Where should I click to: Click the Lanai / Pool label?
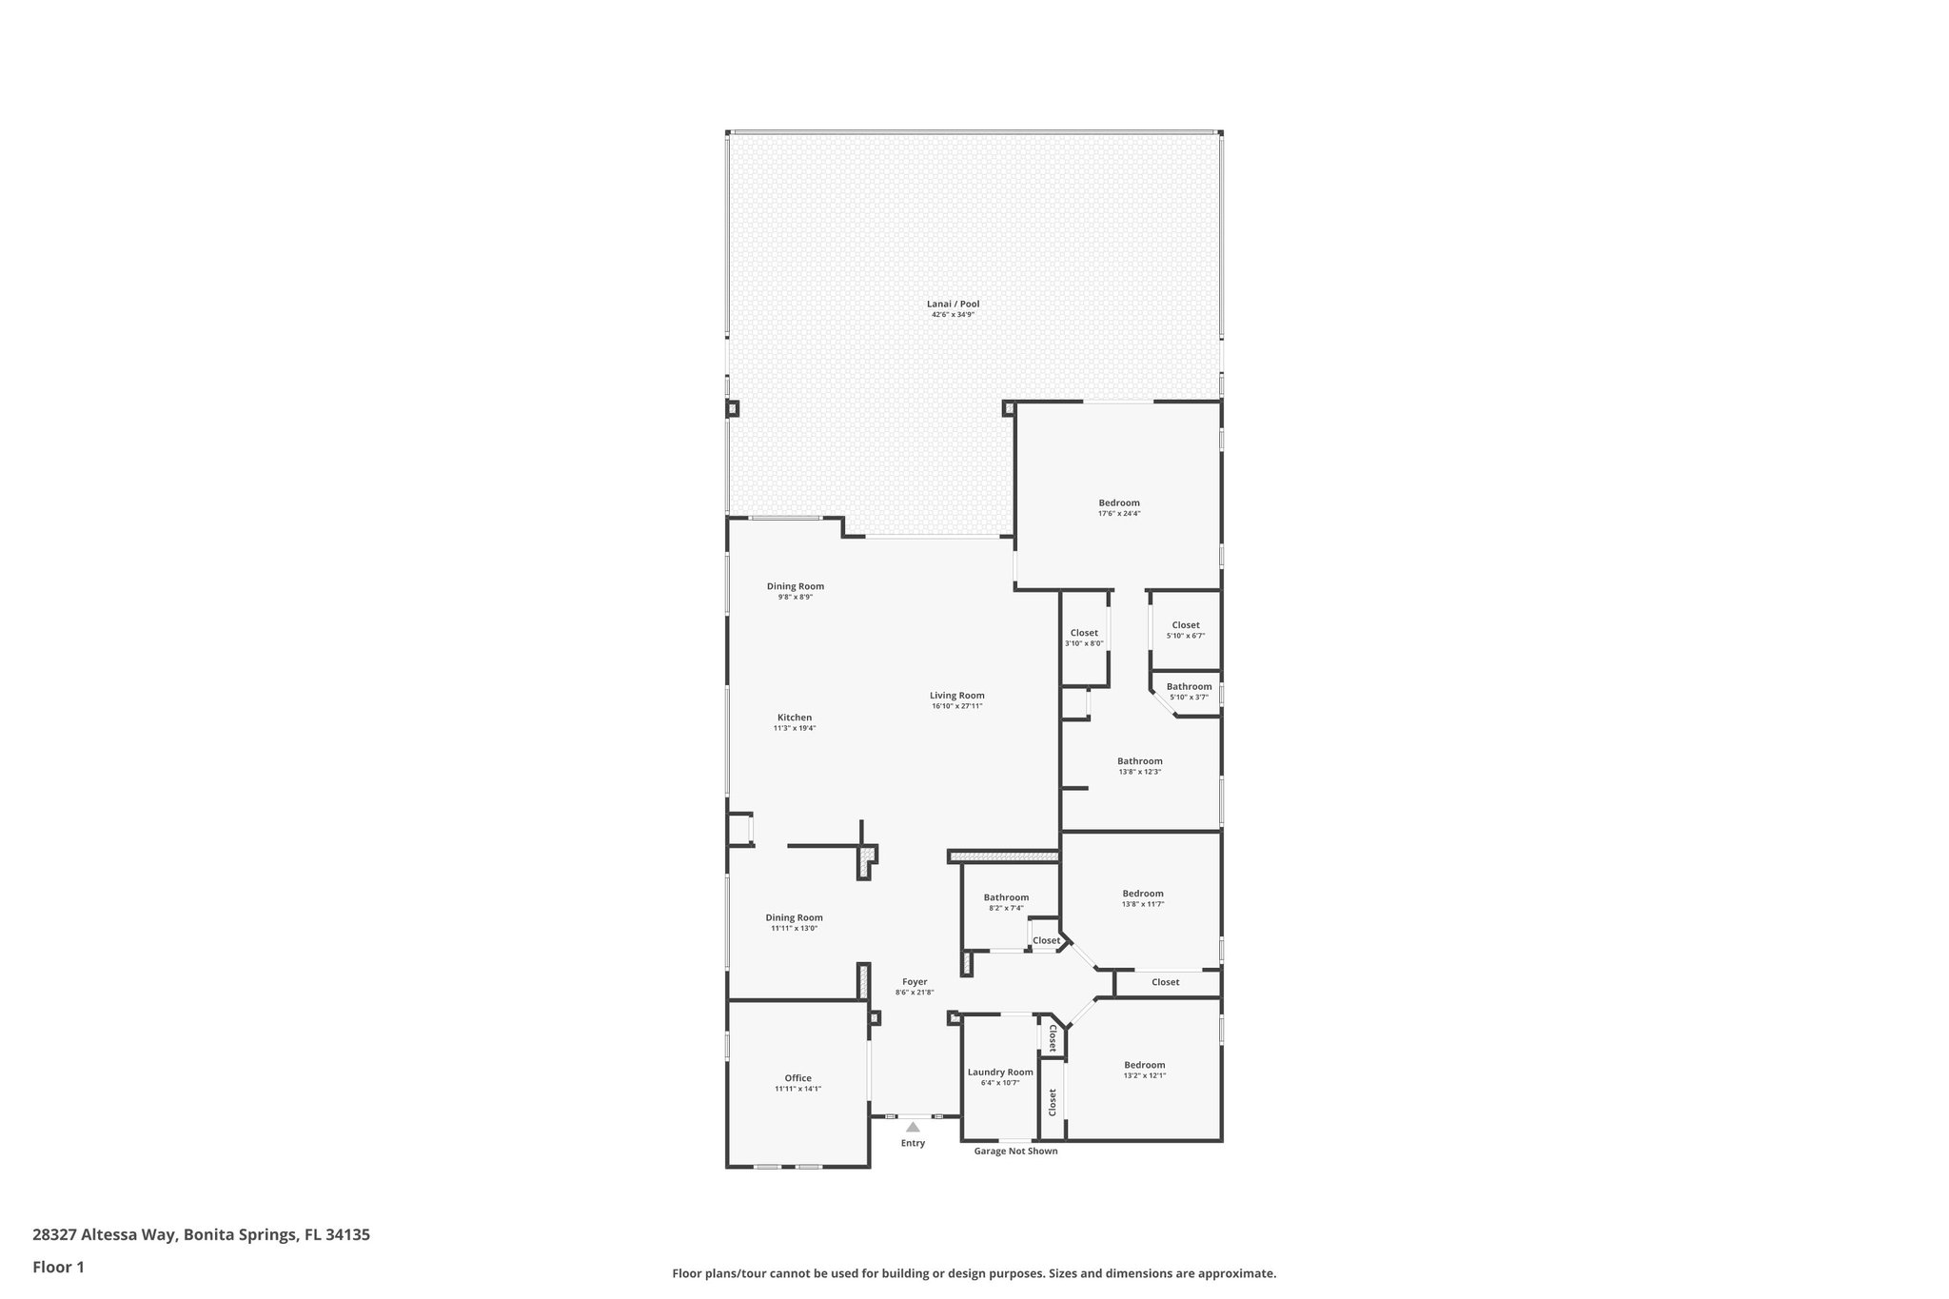[953, 305]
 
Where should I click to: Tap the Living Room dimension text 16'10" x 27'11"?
[956, 706]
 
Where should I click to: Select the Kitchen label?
[795, 718]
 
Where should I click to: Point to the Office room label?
[797, 1078]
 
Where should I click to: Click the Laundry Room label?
[1000, 1072]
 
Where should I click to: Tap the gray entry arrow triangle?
[913, 1127]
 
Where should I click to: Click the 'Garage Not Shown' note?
[1015, 1151]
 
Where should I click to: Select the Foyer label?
[915, 982]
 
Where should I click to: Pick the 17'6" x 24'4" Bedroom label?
[1119, 502]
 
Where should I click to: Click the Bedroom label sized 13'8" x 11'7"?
[1143, 894]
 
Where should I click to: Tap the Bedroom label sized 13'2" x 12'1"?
[1144, 1065]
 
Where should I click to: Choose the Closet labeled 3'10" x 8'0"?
[1084, 633]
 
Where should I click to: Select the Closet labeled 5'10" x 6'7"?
[1186, 625]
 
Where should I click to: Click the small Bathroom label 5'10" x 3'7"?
[1189, 686]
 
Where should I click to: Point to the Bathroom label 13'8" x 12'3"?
[1139, 761]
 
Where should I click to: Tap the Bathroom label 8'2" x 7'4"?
[1006, 897]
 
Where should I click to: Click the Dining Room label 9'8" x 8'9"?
[796, 586]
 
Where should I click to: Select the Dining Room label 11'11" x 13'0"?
[795, 917]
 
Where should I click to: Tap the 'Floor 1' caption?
[59, 1267]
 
